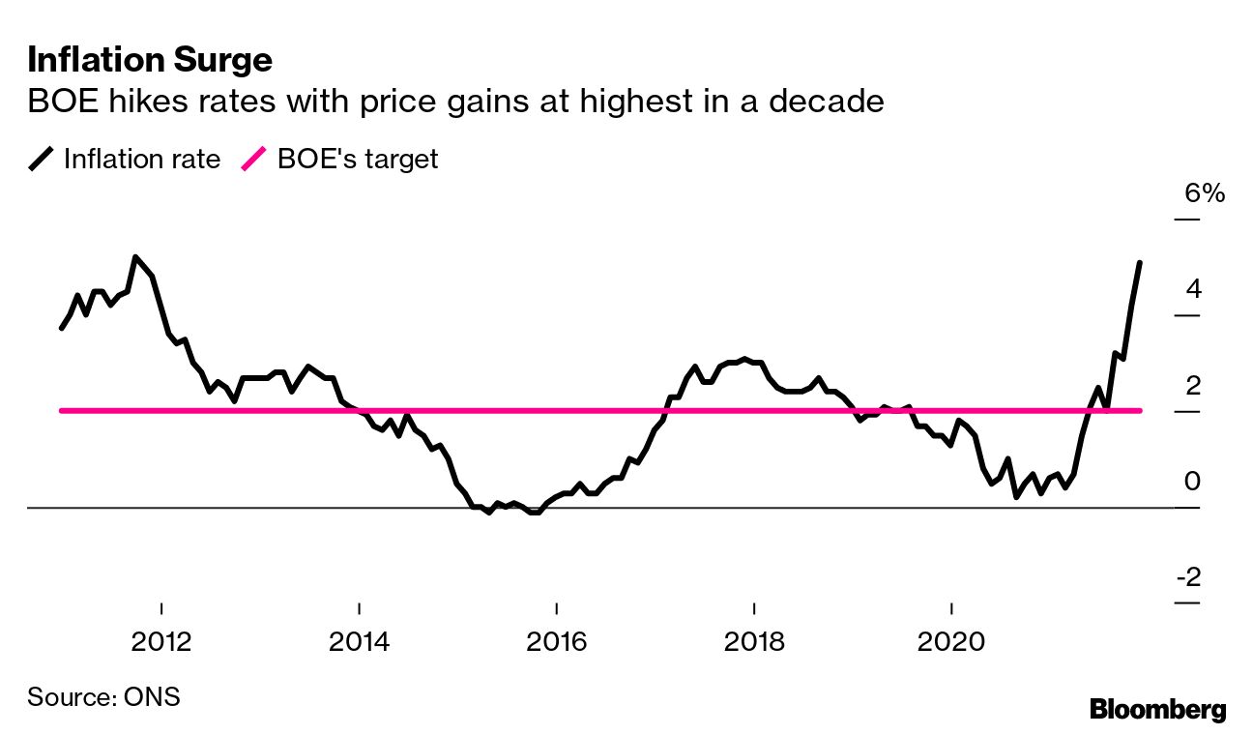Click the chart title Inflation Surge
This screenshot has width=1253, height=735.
click(x=150, y=61)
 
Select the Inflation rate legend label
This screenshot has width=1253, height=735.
click(x=142, y=159)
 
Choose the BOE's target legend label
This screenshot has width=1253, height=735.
click(x=358, y=159)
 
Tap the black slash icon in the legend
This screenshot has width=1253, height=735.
click(x=42, y=159)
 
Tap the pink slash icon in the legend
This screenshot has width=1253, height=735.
click(x=254, y=159)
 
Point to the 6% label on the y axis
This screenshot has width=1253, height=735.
click(x=1205, y=193)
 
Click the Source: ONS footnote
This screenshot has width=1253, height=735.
click(x=103, y=696)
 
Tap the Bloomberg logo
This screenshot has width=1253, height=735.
click(x=1157, y=709)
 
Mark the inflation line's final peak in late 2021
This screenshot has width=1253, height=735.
click(x=1140, y=263)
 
